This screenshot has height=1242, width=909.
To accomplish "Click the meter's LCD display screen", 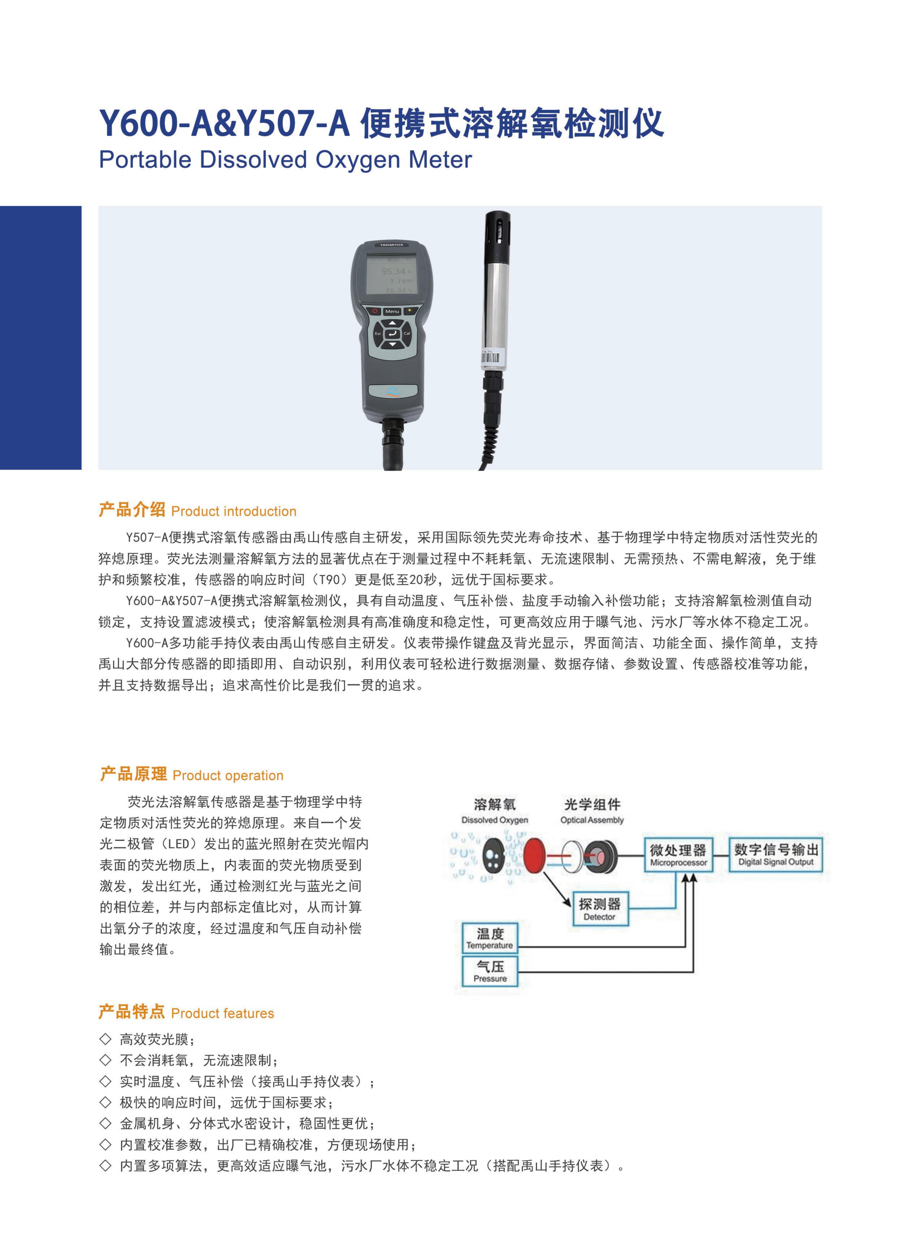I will (x=392, y=274).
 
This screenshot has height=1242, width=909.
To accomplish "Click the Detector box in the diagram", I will (x=600, y=909).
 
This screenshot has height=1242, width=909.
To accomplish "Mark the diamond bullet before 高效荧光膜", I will (x=105, y=1038).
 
